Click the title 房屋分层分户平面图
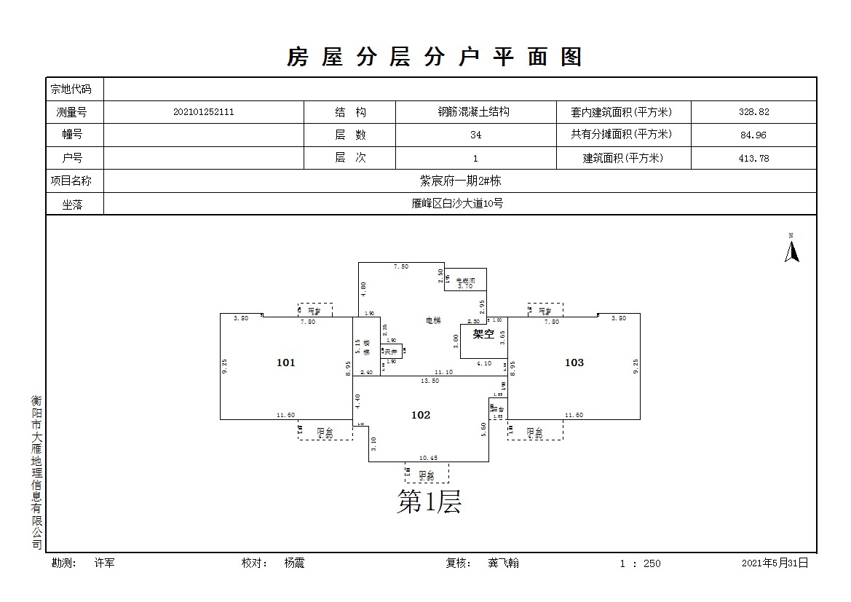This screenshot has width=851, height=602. click(435, 57)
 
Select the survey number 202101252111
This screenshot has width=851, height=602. click(204, 112)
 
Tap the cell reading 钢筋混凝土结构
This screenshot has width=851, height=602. click(473, 112)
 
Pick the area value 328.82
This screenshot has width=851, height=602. click(753, 112)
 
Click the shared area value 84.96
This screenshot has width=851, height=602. click(753, 135)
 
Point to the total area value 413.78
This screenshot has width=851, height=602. click(753, 158)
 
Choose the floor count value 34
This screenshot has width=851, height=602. click(475, 135)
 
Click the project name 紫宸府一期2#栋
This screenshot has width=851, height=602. click(460, 181)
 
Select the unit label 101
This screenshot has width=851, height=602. click(286, 363)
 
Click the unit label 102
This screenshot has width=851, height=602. click(421, 415)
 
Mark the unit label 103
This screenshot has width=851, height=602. click(574, 363)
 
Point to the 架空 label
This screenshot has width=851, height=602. click(484, 335)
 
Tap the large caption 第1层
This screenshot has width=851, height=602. click(429, 502)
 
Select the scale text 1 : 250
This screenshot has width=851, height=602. click(640, 563)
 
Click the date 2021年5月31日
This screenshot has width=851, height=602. click(775, 563)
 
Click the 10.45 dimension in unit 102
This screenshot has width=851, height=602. click(428, 458)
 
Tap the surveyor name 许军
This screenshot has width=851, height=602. click(104, 563)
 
